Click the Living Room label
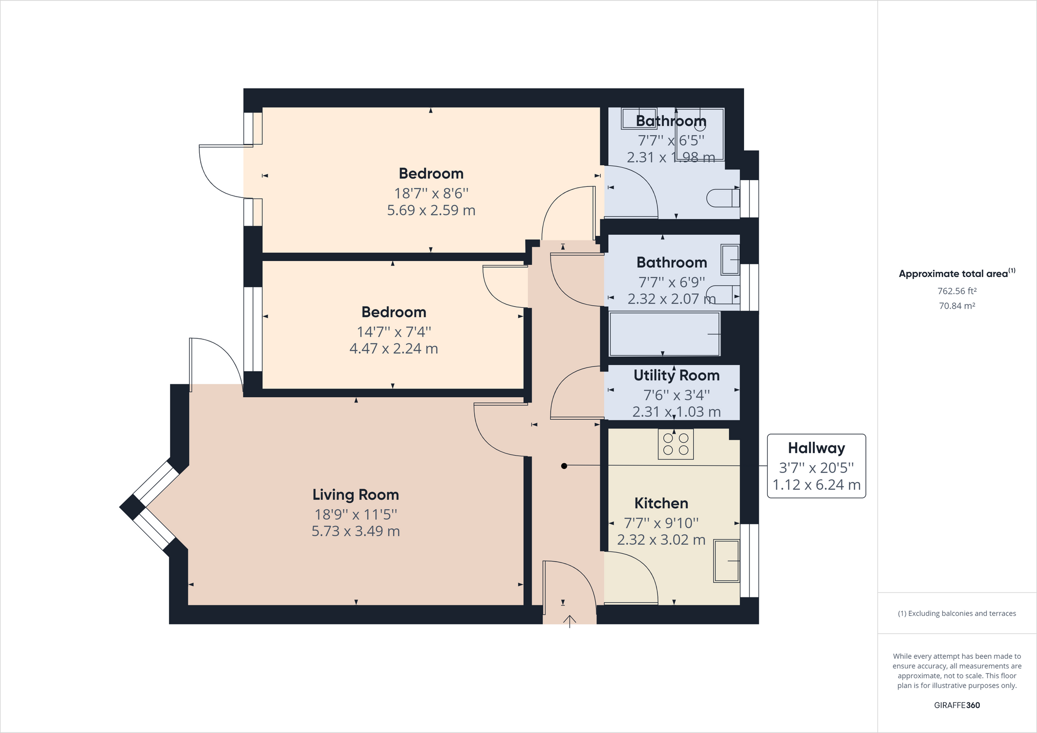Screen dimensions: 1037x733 (x=355, y=495)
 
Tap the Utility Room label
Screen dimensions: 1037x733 (x=676, y=376)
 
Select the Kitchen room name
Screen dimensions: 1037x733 (x=661, y=503)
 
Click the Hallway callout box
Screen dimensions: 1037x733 (x=816, y=466)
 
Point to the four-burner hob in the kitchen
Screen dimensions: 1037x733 (x=675, y=444)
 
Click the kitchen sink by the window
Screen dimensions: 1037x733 (x=727, y=561)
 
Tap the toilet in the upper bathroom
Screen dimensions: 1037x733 (x=723, y=198)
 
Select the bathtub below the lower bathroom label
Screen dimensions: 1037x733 (x=664, y=334)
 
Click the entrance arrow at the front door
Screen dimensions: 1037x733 (x=569, y=621)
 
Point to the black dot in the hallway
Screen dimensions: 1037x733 (x=564, y=466)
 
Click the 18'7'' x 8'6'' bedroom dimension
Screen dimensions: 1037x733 (x=431, y=193)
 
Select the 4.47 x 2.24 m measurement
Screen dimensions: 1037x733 (x=393, y=349)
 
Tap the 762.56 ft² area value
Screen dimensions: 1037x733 (x=957, y=291)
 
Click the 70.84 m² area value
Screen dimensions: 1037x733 (x=957, y=306)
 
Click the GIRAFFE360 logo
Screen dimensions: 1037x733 (x=957, y=705)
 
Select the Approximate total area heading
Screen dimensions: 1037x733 (x=957, y=273)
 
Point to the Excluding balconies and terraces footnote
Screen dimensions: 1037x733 (x=957, y=613)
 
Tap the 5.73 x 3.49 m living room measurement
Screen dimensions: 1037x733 (x=355, y=531)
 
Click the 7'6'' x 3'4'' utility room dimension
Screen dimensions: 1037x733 (x=676, y=395)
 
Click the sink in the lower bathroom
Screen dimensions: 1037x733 (x=730, y=260)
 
